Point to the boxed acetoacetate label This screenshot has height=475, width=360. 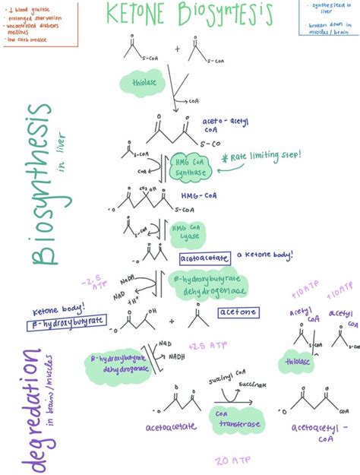click(x=204, y=258)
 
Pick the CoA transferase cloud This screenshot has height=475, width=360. click(x=232, y=415)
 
